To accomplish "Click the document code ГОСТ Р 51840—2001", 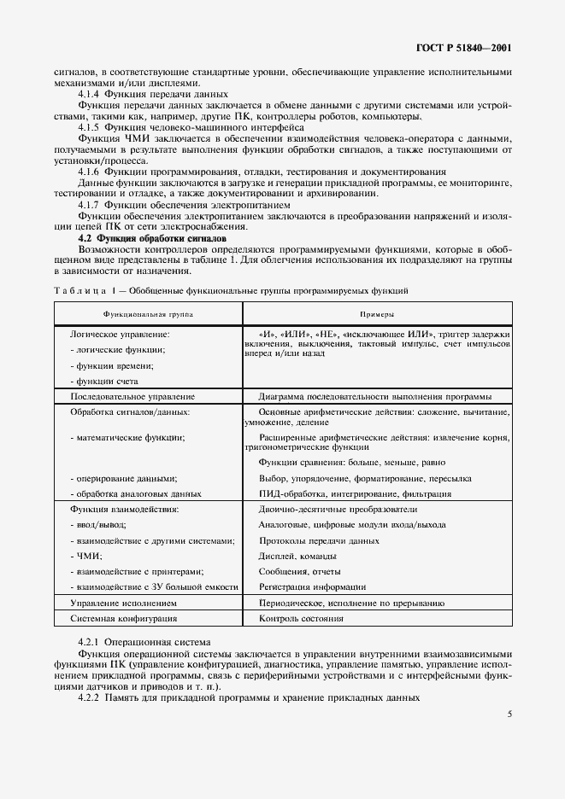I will (x=463, y=49).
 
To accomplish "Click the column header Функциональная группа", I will (x=148, y=314).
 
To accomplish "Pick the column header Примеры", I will (x=375, y=314).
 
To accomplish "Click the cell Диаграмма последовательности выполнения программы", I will (x=374, y=396).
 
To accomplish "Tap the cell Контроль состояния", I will (x=295, y=617).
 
